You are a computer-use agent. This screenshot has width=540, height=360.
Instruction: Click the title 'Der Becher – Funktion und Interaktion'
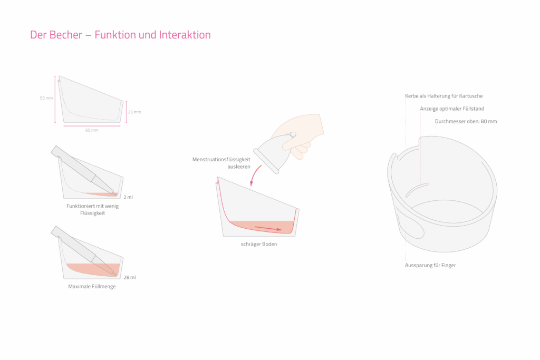pos(120,35)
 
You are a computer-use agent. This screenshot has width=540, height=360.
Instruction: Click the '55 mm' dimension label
pos(46,98)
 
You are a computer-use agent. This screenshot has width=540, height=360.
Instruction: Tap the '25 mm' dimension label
pos(134,112)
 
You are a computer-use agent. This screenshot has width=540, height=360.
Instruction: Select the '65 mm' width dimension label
pos(92,130)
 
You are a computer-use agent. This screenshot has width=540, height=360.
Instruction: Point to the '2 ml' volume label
pos(128,197)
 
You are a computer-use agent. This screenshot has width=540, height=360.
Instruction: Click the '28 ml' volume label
pos(129,277)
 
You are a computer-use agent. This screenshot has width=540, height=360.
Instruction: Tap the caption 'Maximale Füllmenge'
pos(92,287)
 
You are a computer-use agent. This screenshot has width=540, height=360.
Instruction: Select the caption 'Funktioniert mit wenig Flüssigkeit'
pos(92,209)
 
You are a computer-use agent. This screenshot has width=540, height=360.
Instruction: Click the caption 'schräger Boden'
pos(258,244)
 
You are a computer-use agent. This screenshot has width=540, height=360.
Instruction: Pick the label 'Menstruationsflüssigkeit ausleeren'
pos(221,162)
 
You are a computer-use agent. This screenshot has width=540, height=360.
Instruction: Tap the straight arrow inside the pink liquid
pos(268,229)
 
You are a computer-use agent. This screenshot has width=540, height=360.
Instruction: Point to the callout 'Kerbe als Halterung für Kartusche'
pos(443,96)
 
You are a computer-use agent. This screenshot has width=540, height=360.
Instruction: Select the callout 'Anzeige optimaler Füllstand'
pos(452,109)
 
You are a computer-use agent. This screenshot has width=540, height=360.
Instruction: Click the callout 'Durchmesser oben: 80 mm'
pos(466,121)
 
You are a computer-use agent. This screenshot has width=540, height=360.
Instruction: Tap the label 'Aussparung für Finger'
pos(430,265)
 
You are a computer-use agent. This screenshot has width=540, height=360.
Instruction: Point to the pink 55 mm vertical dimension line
pos(55,100)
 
